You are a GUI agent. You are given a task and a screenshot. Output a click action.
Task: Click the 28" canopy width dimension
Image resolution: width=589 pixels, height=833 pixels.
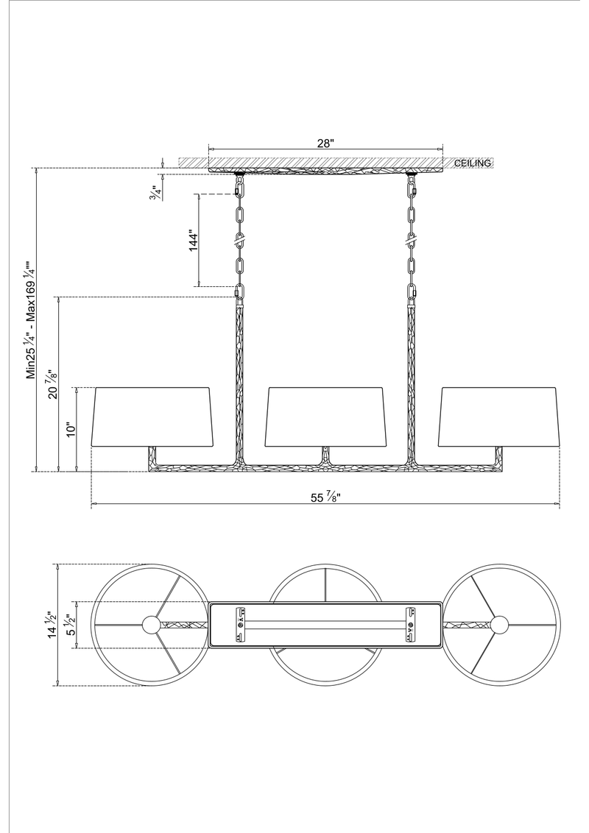tap(325, 143)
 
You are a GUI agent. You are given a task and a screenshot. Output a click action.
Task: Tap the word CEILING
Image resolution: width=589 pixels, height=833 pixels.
tap(473, 163)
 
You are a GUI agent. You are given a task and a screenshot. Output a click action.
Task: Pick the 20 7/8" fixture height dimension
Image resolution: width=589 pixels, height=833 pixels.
tap(51, 384)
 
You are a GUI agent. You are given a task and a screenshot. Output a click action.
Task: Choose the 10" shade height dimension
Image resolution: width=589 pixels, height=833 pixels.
tap(71, 430)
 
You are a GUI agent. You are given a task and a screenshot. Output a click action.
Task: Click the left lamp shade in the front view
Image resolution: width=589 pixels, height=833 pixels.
tap(151, 416)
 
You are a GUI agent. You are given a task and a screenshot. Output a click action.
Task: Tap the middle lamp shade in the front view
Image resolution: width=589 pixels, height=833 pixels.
tap(325, 416)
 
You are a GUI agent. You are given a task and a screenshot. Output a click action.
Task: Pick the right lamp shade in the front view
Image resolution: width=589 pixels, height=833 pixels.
tap(499, 416)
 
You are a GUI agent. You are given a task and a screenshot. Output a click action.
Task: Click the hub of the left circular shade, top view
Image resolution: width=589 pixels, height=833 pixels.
tap(152, 625)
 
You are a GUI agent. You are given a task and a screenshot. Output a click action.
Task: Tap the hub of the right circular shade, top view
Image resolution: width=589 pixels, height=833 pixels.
tap(499, 625)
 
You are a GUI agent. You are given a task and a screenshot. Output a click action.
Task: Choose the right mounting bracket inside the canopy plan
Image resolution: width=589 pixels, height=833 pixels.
tap(409, 625)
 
